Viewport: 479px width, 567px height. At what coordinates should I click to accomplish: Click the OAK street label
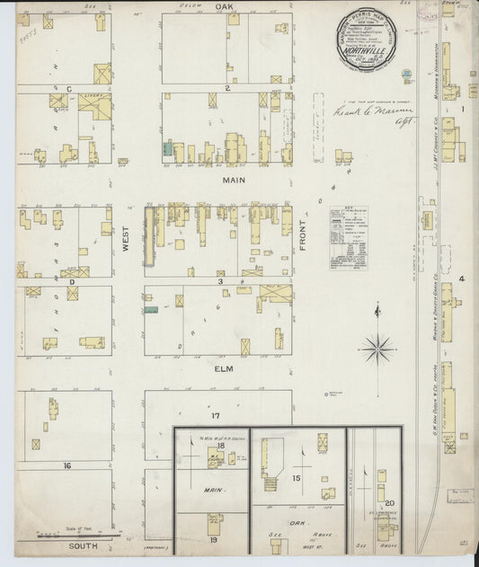click(x=226, y=5)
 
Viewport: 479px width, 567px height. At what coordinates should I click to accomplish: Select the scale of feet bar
click(x=90, y=537)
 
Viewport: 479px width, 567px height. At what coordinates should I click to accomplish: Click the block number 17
click(x=216, y=416)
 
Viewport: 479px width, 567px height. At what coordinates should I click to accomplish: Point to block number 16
click(x=67, y=465)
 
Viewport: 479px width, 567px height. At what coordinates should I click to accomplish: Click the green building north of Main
click(x=167, y=146)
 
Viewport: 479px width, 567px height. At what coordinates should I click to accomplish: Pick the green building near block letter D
click(x=149, y=309)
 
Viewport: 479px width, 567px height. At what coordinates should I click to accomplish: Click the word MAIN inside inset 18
click(x=214, y=491)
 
